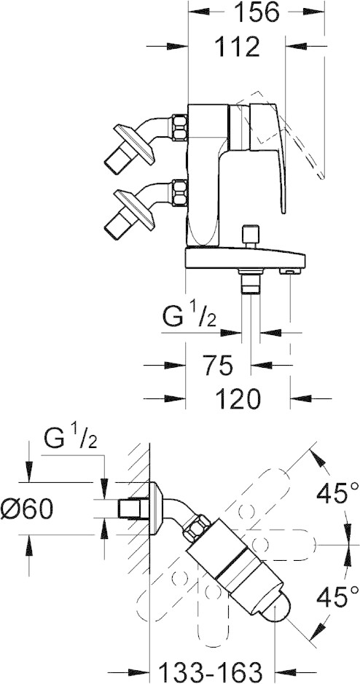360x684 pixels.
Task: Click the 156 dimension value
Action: click(x=256, y=12)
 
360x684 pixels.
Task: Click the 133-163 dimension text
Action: click(x=209, y=672)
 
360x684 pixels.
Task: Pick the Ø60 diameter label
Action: click(x=27, y=508)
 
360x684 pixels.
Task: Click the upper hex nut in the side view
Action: click(x=180, y=127)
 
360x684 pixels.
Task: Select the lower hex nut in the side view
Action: click(x=180, y=192)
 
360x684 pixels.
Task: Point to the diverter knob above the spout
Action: click(x=251, y=236)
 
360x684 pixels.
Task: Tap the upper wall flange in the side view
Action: click(x=134, y=144)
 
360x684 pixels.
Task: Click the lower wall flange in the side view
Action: click(x=134, y=209)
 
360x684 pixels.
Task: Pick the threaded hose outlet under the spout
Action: click(x=251, y=281)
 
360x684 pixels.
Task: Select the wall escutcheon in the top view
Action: click(x=155, y=508)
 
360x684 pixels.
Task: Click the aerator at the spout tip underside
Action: click(x=291, y=272)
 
